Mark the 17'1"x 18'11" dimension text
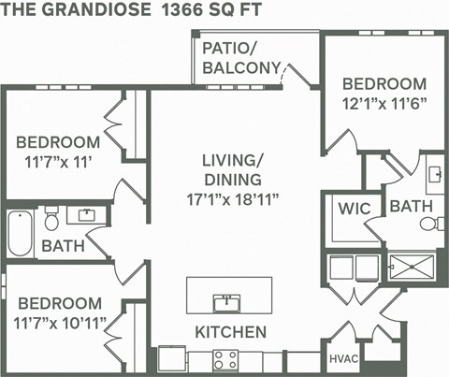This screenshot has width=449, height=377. [x=233, y=197]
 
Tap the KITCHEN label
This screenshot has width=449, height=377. [x=230, y=332]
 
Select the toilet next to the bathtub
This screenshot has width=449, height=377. [x=51, y=219]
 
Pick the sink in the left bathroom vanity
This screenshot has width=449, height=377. [x=87, y=215]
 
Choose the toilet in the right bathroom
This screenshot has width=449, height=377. [x=431, y=223]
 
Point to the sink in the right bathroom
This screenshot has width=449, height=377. [x=434, y=174]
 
